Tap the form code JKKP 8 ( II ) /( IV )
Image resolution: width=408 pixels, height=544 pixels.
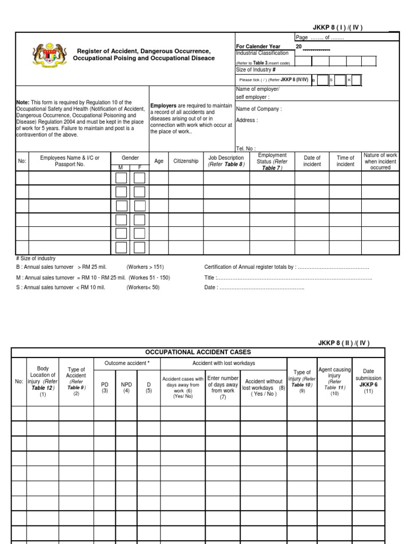[344, 343]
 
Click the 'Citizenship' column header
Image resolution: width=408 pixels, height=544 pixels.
[185, 161]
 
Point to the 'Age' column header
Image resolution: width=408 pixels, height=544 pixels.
[159, 161]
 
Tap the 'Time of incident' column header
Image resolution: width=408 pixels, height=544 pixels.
[345, 161]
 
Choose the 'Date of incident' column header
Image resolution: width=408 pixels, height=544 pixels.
[312, 161]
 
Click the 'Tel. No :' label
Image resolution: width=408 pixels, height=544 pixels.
[245, 149]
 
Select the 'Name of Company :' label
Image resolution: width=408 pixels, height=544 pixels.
[259, 109]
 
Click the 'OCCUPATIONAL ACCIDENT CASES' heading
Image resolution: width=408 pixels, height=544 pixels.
[198, 352]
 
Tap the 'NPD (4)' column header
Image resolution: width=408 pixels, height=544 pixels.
[126, 387]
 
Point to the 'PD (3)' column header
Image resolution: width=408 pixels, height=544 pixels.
[104, 387]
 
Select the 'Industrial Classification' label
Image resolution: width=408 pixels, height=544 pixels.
[262, 53]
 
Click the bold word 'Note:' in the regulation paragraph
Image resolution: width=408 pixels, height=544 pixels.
[23, 103]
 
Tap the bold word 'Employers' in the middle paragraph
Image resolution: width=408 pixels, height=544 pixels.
[164, 106]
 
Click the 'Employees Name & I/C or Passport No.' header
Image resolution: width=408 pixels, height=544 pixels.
[70, 161]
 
